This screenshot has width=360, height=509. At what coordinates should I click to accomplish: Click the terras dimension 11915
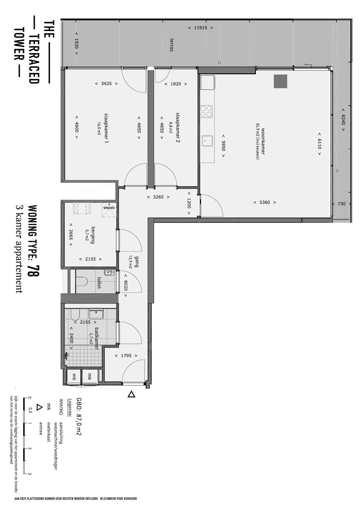pyautogui.click(x=200, y=28)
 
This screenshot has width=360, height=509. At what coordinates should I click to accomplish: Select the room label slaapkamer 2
pyautogui.click(x=178, y=128)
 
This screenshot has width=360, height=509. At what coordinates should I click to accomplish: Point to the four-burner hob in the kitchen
pyautogui.click(x=206, y=111)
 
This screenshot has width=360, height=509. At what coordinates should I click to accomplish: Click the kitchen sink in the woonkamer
pyautogui.click(x=207, y=141)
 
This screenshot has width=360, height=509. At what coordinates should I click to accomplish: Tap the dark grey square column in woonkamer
pyautogui.click(x=281, y=81)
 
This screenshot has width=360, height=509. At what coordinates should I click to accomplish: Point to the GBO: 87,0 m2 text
pyautogui.click(x=79, y=417)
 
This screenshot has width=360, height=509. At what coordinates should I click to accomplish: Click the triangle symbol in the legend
pyautogui.click(x=39, y=407)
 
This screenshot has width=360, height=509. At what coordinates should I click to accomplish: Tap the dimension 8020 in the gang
pyautogui.click(x=126, y=286)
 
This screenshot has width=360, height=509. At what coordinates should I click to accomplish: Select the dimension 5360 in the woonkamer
pyautogui.click(x=265, y=202)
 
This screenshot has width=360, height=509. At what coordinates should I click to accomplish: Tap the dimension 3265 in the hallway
pyautogui.click(x=158, y=197)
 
